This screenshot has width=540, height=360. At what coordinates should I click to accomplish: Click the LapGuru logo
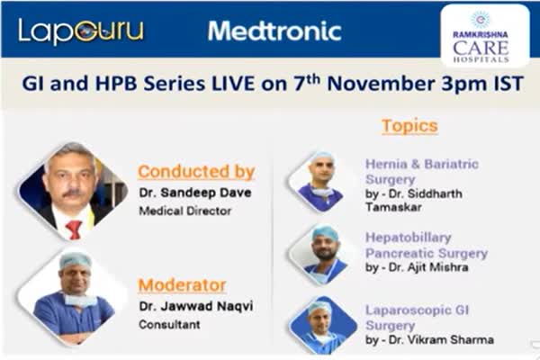tap(81, 31)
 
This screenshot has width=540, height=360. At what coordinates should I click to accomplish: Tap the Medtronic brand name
tap(274, 31)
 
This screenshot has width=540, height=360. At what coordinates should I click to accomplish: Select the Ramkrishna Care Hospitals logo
tap(485, 36)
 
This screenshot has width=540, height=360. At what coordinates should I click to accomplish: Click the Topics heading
tap(409, 126)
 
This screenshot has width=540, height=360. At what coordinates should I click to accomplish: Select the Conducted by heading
tap(196, 172)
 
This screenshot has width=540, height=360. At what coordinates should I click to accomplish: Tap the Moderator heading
tap(182, 285)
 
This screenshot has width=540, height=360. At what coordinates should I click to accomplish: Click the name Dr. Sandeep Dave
tap(195, 193)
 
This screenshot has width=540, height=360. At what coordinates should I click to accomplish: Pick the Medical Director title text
tap(184, 211)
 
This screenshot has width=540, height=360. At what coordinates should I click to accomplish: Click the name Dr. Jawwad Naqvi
tap(196, 306)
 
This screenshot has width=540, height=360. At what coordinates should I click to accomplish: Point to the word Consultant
tap(169, 325)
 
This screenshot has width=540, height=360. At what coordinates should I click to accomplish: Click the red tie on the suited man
tap(74, 229)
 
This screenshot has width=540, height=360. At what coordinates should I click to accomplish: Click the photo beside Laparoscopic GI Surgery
tap(323, 325)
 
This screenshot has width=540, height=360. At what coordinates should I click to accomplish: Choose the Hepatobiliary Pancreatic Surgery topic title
tap(427, 246)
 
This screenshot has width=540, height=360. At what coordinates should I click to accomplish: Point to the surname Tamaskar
tap(393, 207)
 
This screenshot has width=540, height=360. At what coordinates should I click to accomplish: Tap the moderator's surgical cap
tap(75, 261)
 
